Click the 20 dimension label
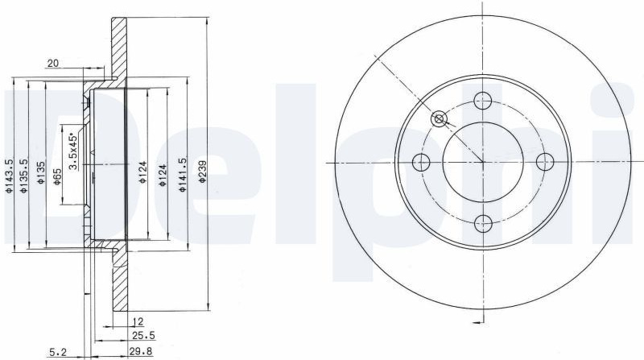coord(53,64)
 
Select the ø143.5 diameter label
coord(9,176)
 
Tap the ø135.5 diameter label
coord(25,176)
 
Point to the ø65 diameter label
coord(56,176)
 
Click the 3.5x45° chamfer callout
coord(73,151)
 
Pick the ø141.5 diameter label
coord(183,175)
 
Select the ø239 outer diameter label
coord(202,172)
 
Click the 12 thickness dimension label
coord(138,321)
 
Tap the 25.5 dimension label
coord(143,336)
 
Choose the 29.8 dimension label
coord(142,352)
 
